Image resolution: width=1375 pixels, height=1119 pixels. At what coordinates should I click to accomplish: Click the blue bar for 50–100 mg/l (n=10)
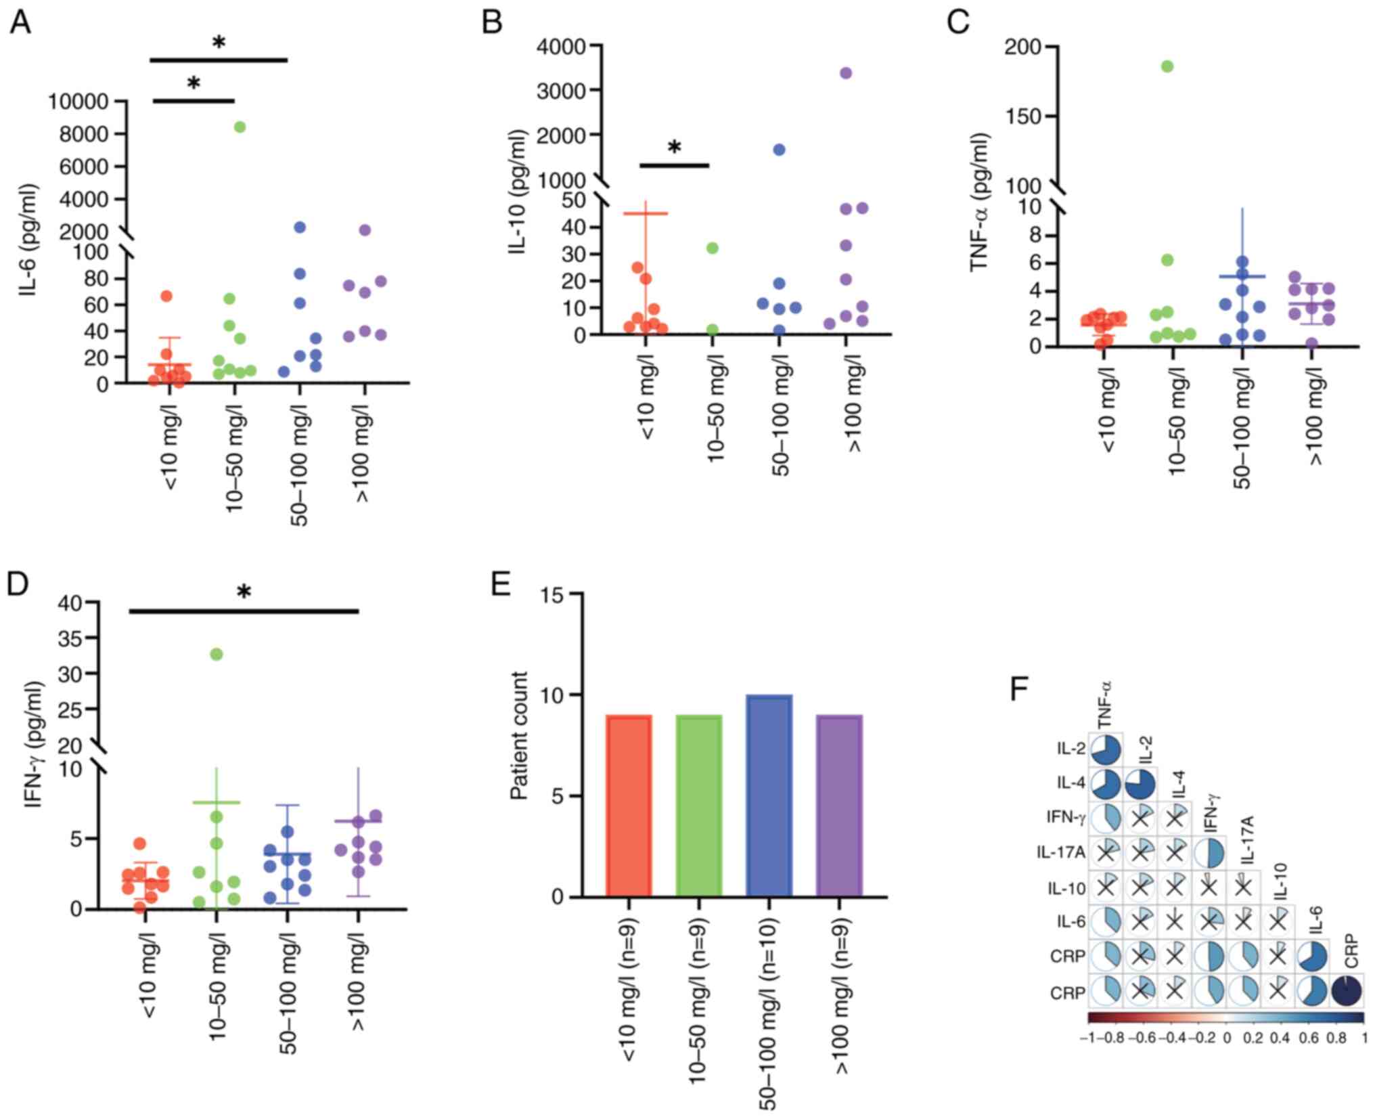[x=769, y=795]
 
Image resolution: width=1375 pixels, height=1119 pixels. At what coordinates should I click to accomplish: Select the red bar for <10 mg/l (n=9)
[x=629, y=806]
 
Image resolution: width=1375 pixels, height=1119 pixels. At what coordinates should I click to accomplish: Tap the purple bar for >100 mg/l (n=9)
[x=839, y=806]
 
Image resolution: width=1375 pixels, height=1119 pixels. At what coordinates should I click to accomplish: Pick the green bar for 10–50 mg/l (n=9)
[x=699, y=806]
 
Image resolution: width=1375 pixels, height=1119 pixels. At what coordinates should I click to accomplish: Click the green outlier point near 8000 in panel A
[x=239, y=127]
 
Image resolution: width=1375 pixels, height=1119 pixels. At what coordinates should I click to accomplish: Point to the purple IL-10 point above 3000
[x=845, y=73]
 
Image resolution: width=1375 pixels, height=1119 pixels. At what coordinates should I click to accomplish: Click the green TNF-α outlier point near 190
[x=1167, y=66]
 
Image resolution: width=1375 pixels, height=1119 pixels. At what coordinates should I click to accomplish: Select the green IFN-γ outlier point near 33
[x=217, y=654]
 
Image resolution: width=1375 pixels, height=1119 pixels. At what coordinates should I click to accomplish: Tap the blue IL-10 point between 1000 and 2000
[x=779, y=150]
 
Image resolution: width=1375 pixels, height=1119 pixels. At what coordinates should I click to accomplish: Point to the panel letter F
[x=1019, y=689]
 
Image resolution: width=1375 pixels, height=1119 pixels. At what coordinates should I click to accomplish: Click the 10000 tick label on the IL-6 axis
[x=78, y=102]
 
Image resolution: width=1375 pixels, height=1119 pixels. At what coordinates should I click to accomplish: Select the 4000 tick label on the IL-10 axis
[x=561, y=47]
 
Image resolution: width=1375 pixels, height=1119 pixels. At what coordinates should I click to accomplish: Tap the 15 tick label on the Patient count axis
[x=553, y=594]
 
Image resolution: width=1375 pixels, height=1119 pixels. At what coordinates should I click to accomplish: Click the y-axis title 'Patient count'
[x=519, y=735]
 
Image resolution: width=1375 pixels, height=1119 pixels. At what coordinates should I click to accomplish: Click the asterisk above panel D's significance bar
[x=244, y=592]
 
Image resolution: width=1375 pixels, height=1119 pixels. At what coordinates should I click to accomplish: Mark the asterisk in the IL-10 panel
[x=674, y=148]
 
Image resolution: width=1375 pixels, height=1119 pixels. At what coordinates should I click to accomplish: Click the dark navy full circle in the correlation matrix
[x=1346, y=991]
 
